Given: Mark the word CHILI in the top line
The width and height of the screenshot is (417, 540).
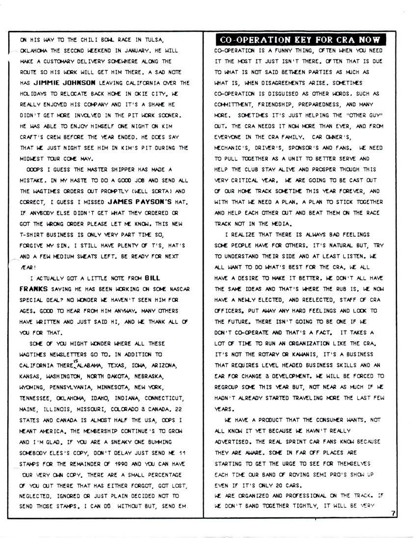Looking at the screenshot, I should pyautogui.click(x=85, y=40).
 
